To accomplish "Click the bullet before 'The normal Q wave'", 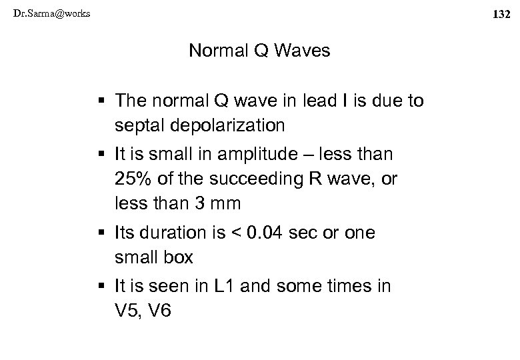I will pyautogui.click(x=100, y=101).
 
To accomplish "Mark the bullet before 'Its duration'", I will pyautogui.click(x=100, y=234).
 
